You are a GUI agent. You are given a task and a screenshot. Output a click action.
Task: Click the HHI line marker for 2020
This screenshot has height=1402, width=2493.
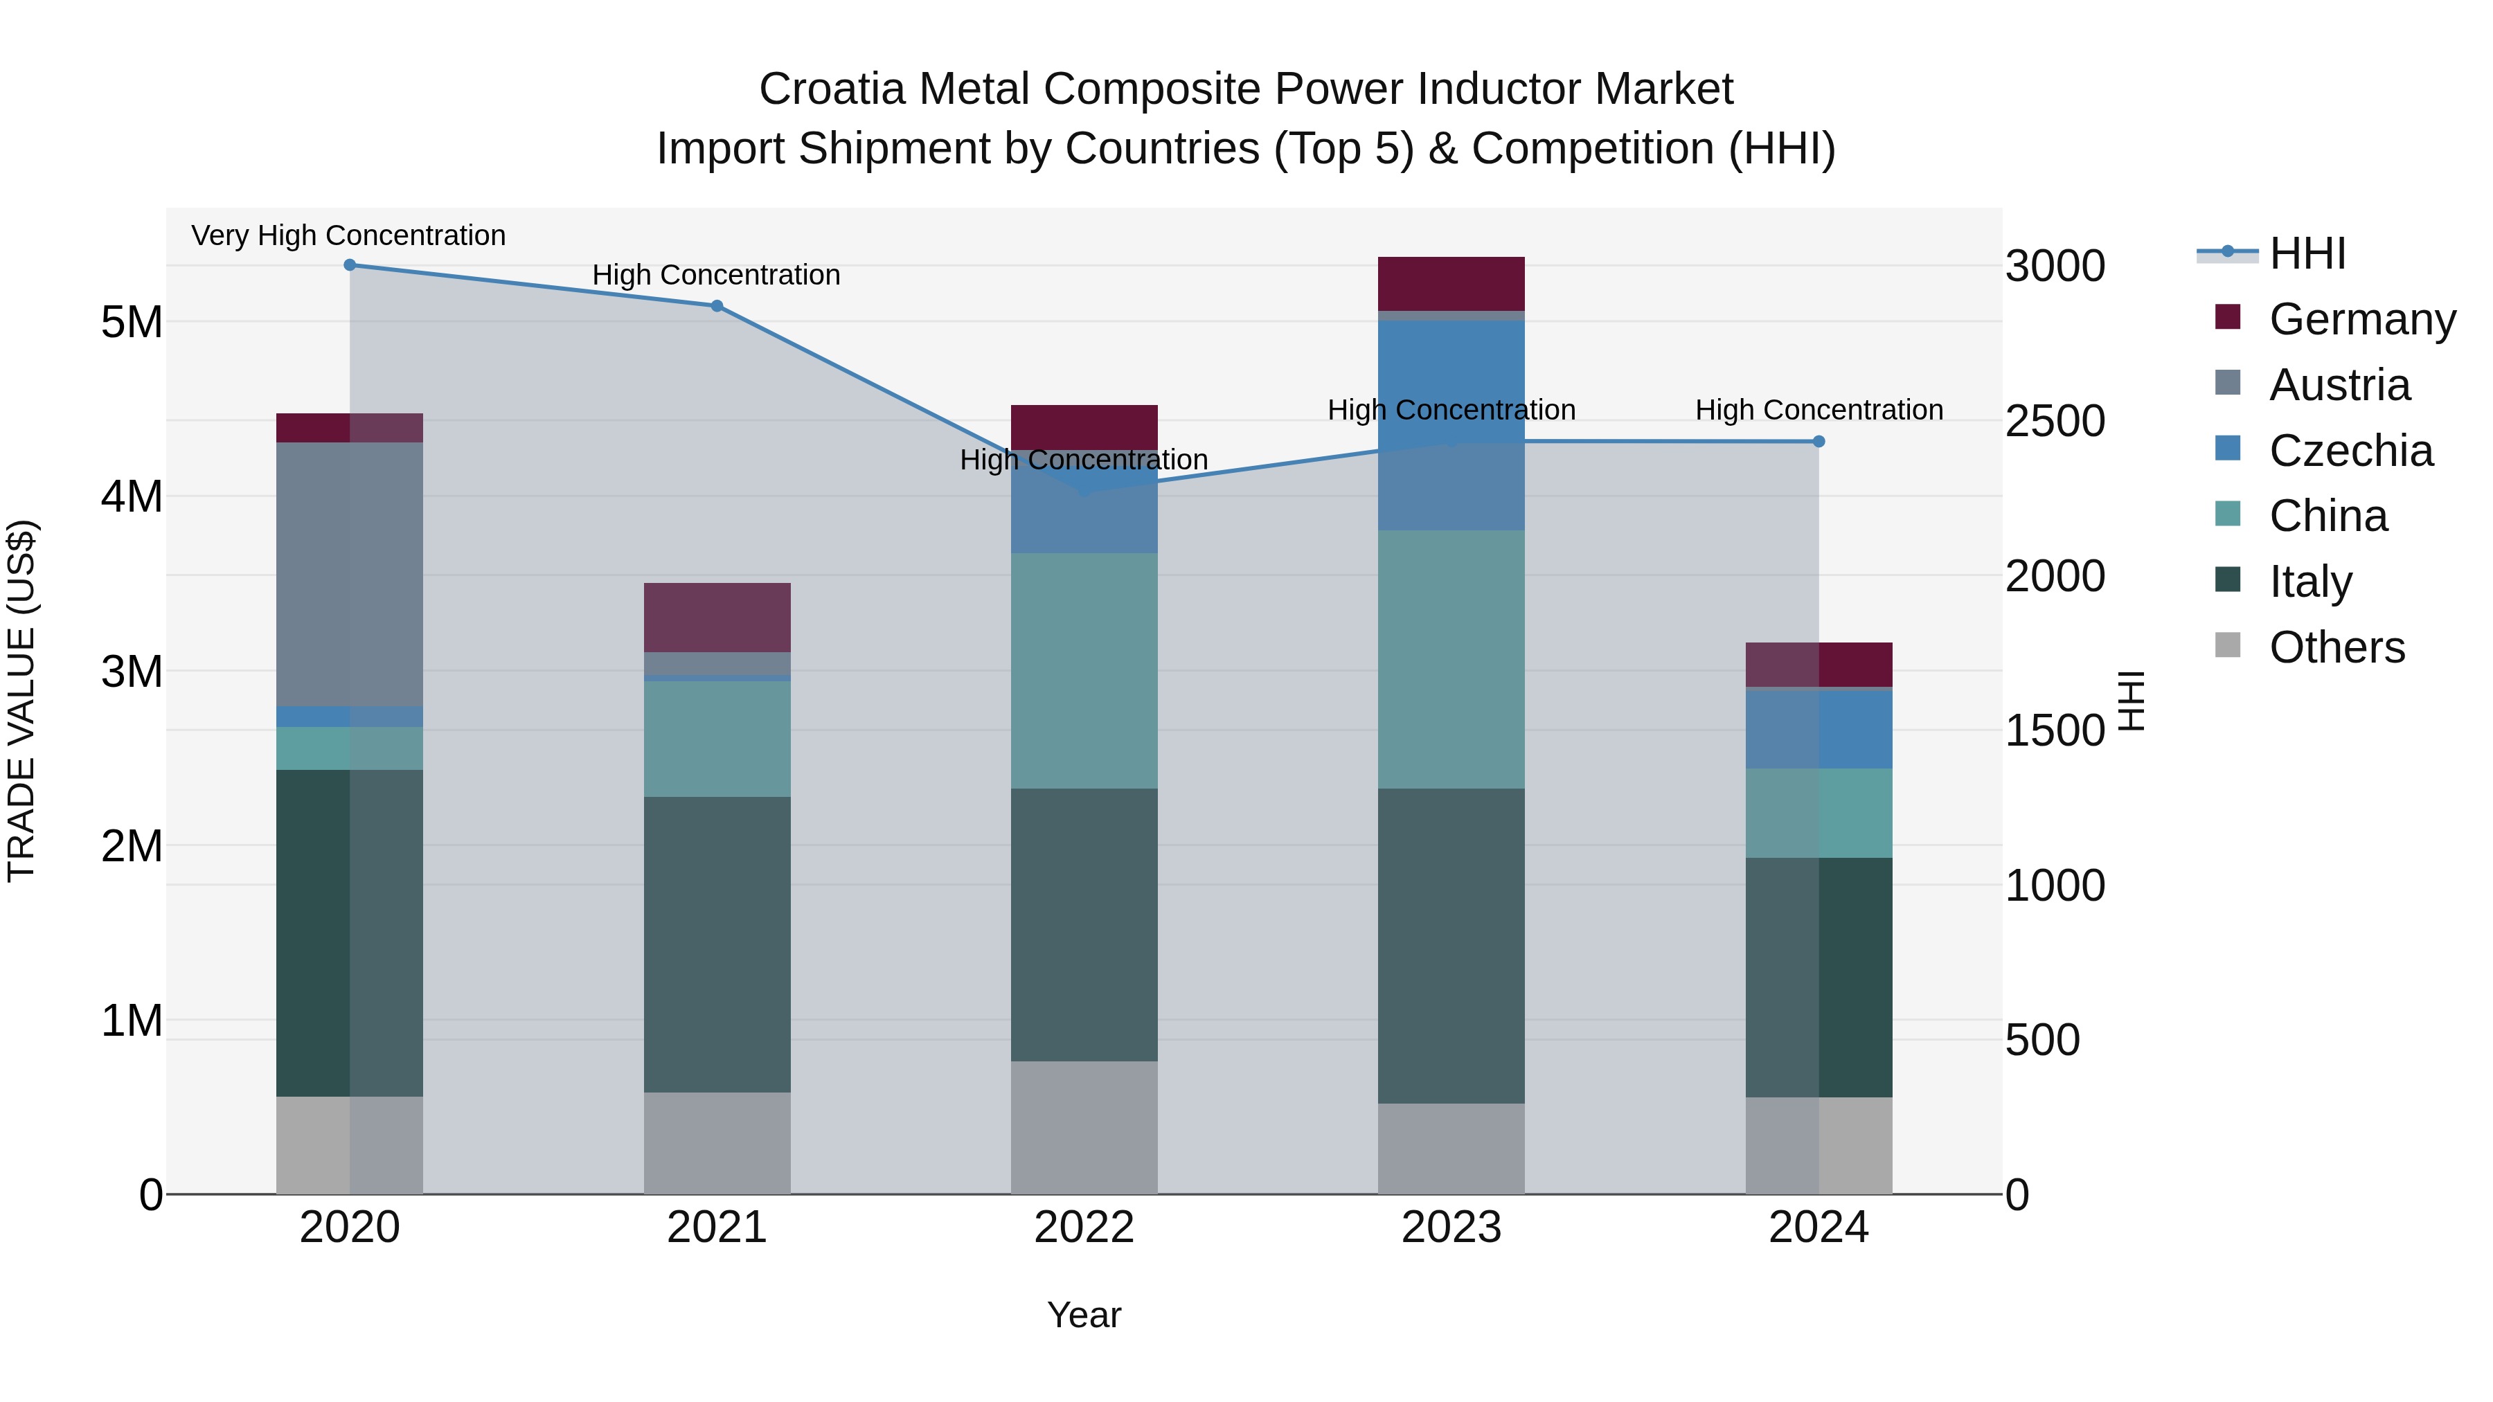350,265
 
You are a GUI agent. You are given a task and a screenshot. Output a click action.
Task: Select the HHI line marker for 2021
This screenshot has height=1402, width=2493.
717,306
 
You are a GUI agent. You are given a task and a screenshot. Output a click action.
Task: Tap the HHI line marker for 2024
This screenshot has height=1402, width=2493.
1819,441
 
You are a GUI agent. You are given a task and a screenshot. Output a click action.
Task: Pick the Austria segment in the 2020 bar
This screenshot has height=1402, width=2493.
350,574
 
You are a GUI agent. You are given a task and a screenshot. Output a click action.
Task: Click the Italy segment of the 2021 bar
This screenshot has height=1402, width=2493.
717,944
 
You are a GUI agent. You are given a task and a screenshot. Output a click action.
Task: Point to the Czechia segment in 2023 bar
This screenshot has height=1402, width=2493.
1451,425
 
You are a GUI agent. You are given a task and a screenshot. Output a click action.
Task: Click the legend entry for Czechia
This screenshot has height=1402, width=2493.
2350,451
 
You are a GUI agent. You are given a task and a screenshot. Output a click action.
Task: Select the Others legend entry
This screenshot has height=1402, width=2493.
2336,647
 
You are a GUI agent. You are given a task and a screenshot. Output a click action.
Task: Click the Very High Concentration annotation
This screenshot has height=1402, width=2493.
348,235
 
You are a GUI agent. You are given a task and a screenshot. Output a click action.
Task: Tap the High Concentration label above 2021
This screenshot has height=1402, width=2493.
716,275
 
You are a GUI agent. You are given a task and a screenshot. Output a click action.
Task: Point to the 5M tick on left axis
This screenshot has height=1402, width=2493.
132,321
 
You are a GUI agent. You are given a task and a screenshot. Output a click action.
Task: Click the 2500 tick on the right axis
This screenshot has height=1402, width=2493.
2054,421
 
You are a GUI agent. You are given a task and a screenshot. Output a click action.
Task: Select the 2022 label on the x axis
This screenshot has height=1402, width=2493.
1084,1228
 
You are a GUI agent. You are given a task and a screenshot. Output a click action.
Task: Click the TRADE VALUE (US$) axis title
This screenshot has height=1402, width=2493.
21,701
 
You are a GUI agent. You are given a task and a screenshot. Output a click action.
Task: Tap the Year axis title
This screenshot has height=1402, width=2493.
1084,1315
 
